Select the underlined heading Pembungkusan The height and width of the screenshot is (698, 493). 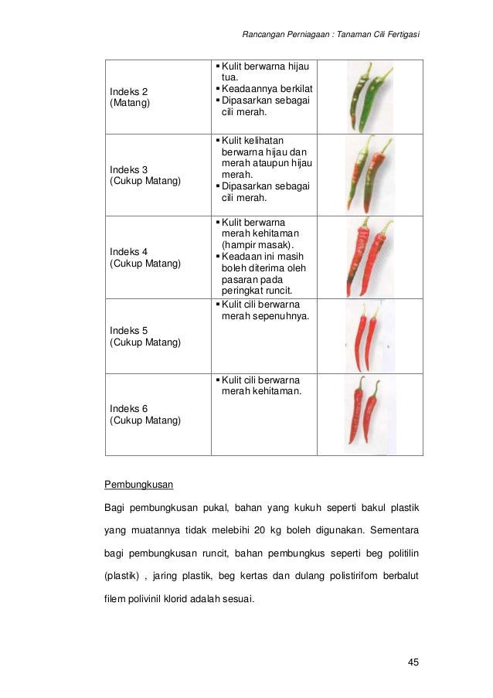(139, 485)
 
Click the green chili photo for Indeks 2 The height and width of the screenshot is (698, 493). (369, 97)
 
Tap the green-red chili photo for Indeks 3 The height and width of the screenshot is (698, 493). (369, 175)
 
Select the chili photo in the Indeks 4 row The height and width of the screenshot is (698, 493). (369, 257)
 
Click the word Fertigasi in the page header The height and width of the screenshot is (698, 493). (399, 35)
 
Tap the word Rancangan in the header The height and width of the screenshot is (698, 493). (266, 35)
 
